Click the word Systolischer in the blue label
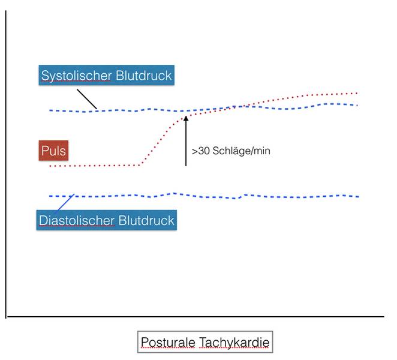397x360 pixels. [76, 76]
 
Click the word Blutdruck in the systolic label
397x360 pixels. [143, 75]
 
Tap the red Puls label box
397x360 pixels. [53, 151]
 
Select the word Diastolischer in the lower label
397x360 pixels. [77, 220]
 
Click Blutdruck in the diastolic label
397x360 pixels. [146, 220]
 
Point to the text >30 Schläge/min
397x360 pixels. [231, 151]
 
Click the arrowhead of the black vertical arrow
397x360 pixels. [186, 119]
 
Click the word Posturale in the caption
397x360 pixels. [168, 342]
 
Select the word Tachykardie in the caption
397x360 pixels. [234, 342]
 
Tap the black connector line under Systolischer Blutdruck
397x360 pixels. [87, 99]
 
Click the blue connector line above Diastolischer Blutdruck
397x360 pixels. [66, 202]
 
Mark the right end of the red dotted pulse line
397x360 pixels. [357, 93]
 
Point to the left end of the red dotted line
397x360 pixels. [50, 166]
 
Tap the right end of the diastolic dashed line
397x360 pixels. [358, 197]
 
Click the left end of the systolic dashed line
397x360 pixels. [50, 110]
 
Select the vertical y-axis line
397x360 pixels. [5, 164]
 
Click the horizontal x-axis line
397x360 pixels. [196, 316]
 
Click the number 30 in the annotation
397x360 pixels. [203, 151]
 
